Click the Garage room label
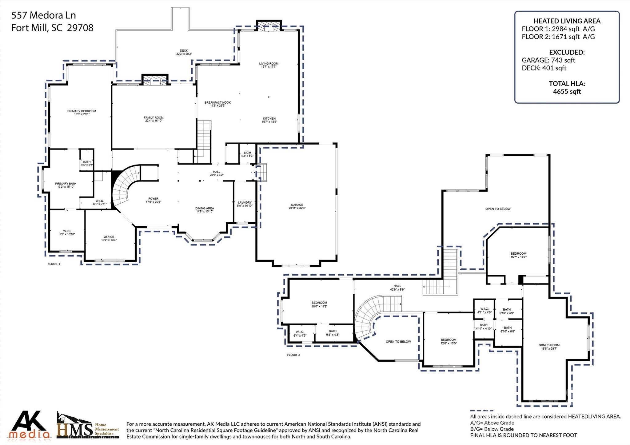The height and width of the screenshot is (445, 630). coord(297,205)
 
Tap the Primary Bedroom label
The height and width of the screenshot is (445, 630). coord(82,111)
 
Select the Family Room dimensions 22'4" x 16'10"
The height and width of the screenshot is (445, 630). coord(154,121)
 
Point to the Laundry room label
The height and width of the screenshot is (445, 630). coord(245,202)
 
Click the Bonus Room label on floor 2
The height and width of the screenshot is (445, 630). coord(549,345)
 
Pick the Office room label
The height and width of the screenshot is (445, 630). coord(109,237)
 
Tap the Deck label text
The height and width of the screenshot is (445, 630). coord(184,51)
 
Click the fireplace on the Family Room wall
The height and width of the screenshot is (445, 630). coord(155,80)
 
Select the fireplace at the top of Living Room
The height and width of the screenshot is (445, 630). coord(269,26)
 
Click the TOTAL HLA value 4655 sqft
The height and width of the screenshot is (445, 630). coord(567,91)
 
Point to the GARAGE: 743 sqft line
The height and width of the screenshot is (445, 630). coord(548,60)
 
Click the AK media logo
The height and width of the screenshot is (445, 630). coord(29,425)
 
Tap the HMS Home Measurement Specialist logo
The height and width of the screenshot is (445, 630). coord(88,426)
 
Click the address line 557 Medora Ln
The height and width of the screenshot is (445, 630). coord(43,15)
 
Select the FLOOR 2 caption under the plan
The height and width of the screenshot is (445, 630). coord(293,355)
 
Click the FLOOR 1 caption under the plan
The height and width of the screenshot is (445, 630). coord(54,264)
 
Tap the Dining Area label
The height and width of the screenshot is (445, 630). coord(204,208)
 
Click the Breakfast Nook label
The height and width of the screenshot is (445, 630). coord(217,102)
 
